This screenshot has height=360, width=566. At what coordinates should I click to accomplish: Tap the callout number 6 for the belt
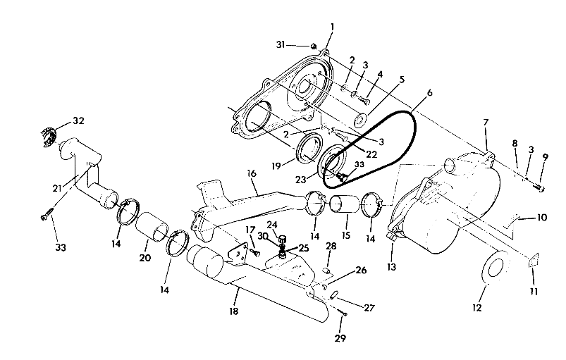coord(429,92)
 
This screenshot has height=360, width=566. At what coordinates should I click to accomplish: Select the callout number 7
coord(485,123)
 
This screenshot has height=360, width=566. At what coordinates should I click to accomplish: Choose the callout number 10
coord(541,218)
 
